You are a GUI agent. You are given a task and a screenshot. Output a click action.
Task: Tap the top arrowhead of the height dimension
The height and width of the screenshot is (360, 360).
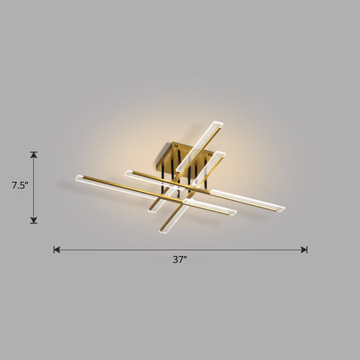tap(34, 155)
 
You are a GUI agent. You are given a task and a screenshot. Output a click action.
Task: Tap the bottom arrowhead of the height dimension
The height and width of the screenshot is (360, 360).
tap(34, 219)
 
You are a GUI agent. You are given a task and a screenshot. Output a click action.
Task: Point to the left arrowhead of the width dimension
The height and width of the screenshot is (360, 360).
tap(57, 250)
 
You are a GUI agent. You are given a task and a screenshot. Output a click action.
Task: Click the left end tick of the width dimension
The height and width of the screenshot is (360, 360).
tap(54, 250)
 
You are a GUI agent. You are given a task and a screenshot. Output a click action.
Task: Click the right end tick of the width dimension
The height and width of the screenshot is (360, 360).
tap(307, 250)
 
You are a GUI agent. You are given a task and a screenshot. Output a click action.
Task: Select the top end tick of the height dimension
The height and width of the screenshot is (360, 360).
tap(34, 152)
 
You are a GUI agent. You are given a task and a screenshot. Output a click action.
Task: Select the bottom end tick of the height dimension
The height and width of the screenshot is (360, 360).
tap(34, 223)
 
